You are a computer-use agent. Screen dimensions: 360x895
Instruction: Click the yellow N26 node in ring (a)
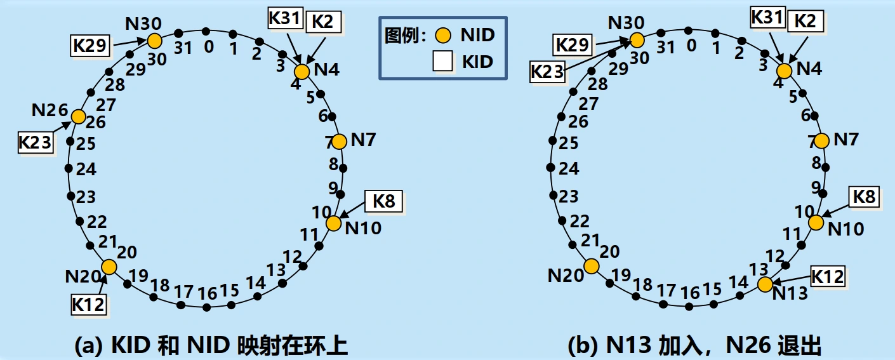point(78,117)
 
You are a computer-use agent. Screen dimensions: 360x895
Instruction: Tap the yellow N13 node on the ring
point(765,284)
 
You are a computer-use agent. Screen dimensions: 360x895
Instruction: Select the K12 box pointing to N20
point(88,304)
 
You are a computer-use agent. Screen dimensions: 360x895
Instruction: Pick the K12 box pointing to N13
point(828,277)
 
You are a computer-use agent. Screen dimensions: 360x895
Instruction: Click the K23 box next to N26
point(34,143)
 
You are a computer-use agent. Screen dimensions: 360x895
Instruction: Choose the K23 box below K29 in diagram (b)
point(548,72)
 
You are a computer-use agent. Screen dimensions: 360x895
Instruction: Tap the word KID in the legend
point(477,62)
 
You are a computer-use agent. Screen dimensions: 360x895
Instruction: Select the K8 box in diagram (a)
point(383,202)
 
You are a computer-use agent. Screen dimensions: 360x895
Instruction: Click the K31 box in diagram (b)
point(767,18)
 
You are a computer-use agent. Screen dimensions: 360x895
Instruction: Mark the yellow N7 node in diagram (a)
point(339,142)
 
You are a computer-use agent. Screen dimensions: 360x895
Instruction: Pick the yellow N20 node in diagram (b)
point(592,266)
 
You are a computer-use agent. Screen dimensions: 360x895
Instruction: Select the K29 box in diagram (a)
point(89,45)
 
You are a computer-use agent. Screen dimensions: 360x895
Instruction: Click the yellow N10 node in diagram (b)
point(816,222)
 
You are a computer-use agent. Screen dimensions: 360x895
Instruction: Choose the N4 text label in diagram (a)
point(326,69)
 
